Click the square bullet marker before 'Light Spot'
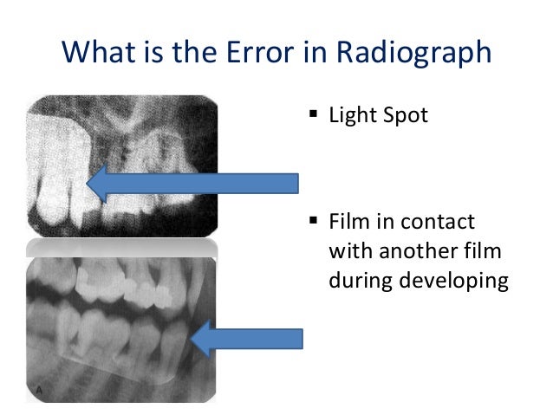pos(313,114)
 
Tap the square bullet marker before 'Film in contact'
pos(313,222)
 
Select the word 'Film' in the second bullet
pos(348,222)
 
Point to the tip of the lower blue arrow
pos(192,339)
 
